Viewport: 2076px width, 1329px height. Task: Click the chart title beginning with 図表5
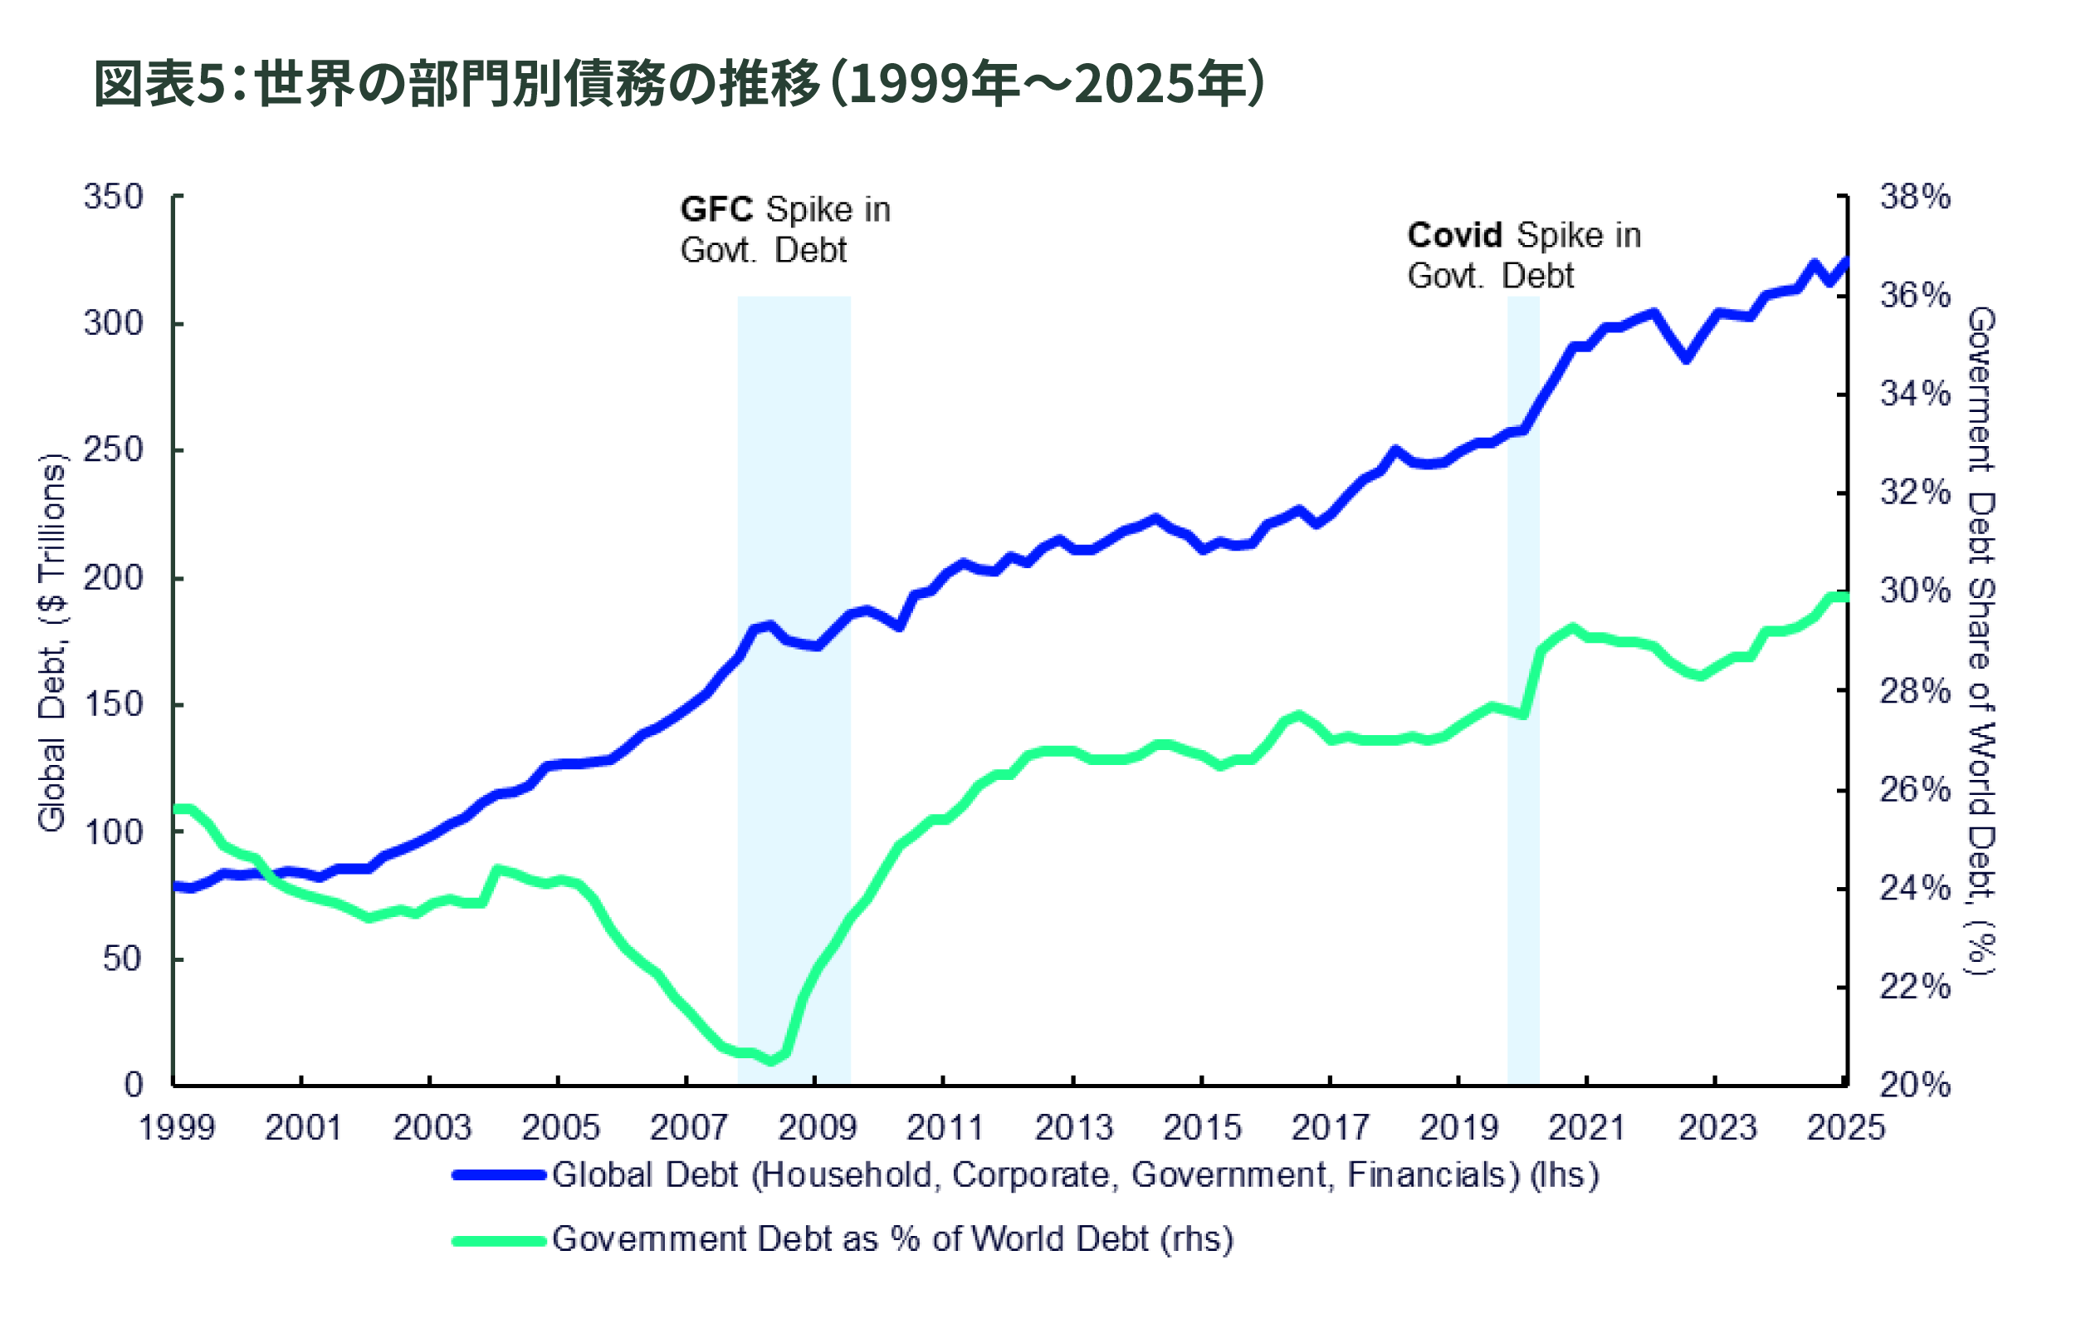[x=680, y=85]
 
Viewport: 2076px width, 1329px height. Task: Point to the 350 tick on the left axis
[x=113, y=197]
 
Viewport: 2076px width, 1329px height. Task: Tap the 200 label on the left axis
[x=113, y=577]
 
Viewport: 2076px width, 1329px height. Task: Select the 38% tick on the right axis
[x=1915, y=197]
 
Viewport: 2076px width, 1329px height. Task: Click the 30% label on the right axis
[x=1915, y=591]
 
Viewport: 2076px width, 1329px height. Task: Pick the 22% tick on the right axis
[x=1915, y=987]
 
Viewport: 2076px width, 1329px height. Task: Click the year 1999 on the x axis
[x=177, y=1128]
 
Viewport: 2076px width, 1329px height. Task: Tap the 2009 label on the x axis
[x=817, y=1128]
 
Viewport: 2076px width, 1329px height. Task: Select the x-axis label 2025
[x=1846, y=1128]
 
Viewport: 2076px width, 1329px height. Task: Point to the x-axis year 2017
[x=1330, y=1128]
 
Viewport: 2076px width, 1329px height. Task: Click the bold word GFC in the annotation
[x=716, y=209]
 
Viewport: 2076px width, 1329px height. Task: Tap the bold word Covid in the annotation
[x=1455, y=235]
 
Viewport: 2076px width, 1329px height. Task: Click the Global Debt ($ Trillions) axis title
[x=51, y=643]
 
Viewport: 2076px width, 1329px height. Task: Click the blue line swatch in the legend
[x=500, y=1175]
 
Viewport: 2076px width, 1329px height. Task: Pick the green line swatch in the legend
[x=500, y=1241]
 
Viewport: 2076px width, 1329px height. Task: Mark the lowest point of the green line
[x=771, y=1060]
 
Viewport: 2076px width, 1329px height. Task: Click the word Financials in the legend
[x=1433, y=1175]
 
